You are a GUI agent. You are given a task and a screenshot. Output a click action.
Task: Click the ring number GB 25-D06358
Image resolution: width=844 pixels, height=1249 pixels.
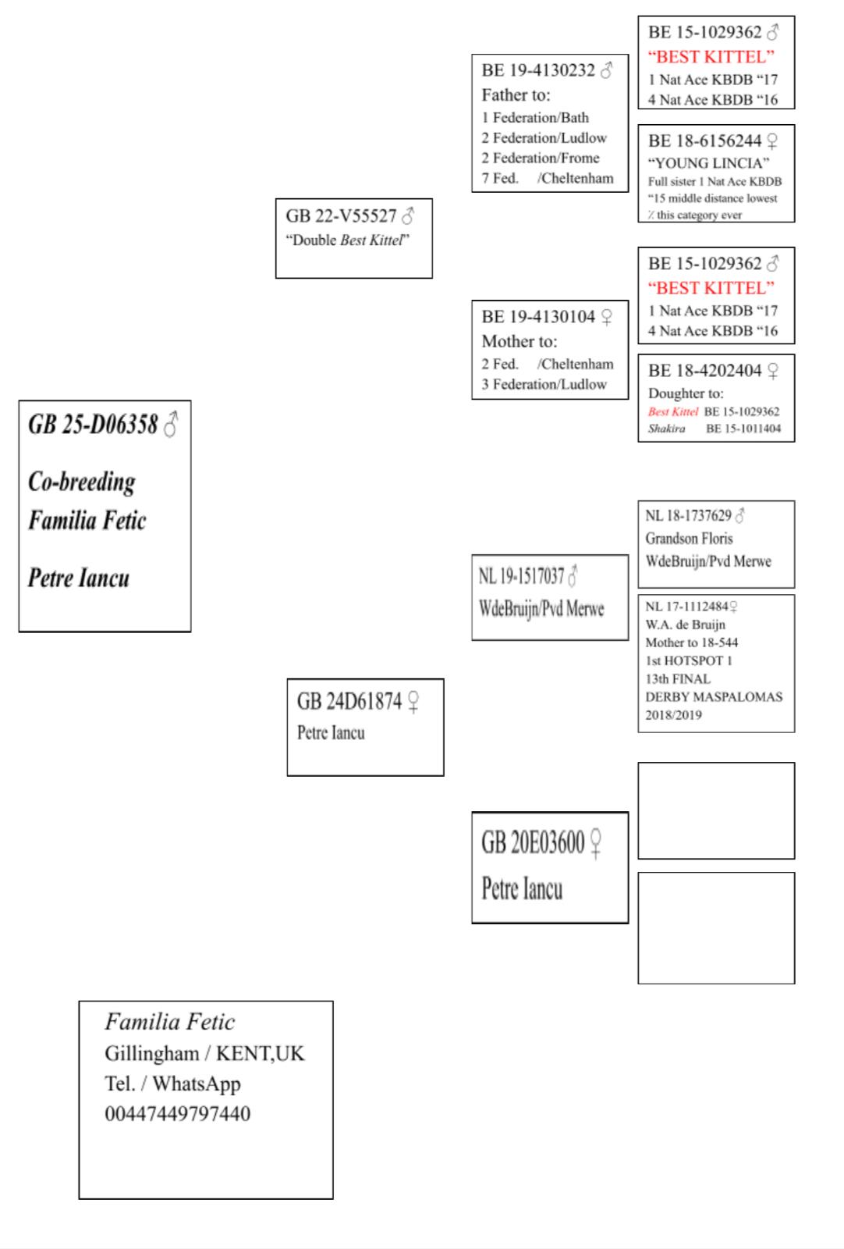tap(93, 425)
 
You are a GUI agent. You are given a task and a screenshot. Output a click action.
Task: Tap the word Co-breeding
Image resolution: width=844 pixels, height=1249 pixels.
tap(82, 482)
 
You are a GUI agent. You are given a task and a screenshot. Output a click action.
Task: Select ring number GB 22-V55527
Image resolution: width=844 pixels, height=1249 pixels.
tap(341, 216)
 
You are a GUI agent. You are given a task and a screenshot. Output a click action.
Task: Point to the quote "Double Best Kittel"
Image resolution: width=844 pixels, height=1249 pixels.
tap(347, 240)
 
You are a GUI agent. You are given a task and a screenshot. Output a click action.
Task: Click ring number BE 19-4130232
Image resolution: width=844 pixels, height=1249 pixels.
tap(538, 71)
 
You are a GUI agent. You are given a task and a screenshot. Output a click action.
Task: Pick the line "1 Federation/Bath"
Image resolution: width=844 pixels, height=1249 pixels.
tap(535, 118)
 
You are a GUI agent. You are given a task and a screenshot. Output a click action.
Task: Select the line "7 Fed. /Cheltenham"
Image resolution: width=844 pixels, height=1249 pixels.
tap(547, 178)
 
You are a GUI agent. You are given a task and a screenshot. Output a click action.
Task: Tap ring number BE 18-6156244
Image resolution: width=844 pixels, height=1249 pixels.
tap(704, 141)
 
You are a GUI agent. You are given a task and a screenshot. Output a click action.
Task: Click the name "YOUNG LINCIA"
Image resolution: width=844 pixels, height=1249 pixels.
tap(708, 163)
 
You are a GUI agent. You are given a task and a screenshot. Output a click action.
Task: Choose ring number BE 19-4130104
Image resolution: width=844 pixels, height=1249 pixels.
tap(538, 317)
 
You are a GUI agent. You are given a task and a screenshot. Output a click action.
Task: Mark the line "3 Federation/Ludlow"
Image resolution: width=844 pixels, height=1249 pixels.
tap(544, 384)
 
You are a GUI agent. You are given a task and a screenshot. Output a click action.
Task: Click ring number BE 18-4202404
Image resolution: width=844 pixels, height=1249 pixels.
tap(704, 371)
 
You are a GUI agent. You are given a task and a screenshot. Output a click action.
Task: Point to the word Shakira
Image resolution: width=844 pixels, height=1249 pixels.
tap(666, 429)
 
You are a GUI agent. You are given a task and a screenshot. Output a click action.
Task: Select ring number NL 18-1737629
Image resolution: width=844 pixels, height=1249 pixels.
tap(688, 516)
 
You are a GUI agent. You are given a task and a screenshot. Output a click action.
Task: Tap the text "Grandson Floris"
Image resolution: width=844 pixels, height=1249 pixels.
tap(689, 539)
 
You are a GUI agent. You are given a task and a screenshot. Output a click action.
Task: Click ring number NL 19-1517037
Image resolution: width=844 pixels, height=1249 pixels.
tap(521, 577)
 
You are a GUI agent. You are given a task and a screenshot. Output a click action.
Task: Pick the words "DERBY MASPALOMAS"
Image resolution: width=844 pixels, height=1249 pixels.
tap(713, 697)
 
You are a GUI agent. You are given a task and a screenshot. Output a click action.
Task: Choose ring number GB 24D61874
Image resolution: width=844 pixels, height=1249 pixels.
tap(349, 702)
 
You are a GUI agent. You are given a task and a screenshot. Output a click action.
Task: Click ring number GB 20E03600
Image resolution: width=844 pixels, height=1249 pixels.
tap(533, 843)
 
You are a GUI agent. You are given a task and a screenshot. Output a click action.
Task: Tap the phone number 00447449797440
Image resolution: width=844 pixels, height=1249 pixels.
tap(178, 1114)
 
